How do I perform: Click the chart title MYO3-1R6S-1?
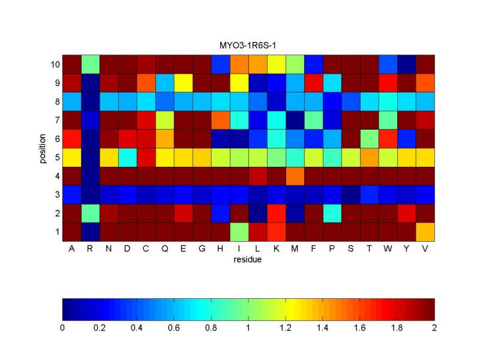[x=248, y=46]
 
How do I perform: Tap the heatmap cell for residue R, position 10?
[x=90, y=64]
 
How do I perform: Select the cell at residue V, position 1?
[x=425, y=232]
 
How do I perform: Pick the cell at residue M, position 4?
[x=295, y=175]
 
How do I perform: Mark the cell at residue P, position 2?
[x=332, y=213]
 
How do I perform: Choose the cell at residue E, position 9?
[x=183, y=83]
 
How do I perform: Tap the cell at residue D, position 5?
[x=127, y=157]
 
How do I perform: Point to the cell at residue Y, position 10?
[x=406, y=64]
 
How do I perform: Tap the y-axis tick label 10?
[x=53, y=64]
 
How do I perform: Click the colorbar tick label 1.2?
[x=286, y=328]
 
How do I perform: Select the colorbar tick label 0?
[x=62, y=328]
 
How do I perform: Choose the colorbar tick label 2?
[x=434, y=328]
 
